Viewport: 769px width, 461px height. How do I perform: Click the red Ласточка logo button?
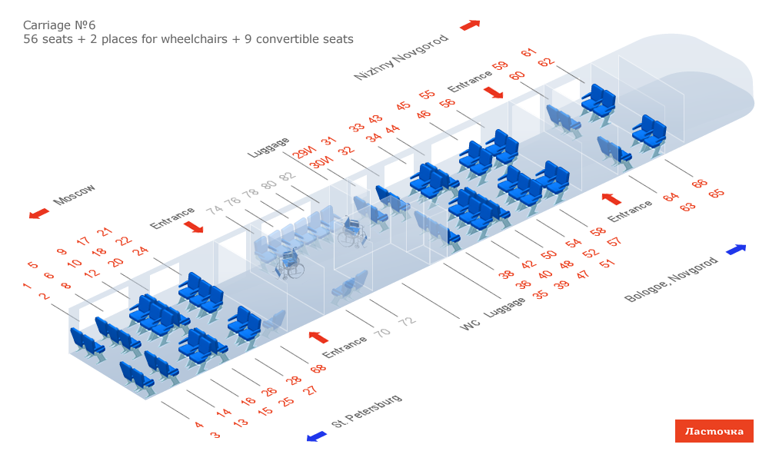coord(714,431)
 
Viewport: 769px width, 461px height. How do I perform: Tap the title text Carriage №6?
coord(59,25)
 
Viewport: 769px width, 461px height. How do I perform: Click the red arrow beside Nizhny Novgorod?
coord(470,25)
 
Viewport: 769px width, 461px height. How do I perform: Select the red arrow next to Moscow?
coord(38,214)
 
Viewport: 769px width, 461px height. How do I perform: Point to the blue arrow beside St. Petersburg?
coord(316,436)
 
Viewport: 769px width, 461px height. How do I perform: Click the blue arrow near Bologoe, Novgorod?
coord(736,249)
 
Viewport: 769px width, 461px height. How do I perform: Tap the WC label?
coord(470,326)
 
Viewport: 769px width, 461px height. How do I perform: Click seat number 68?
coord(318,370)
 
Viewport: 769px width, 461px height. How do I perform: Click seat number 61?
coord(528,53)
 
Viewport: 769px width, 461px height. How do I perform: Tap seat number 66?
coord(699,184)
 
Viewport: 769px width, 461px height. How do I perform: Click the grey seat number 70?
coord(381,332)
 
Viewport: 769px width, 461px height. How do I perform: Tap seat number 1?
coord(27,287)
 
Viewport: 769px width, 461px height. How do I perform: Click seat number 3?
coord(215,435)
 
